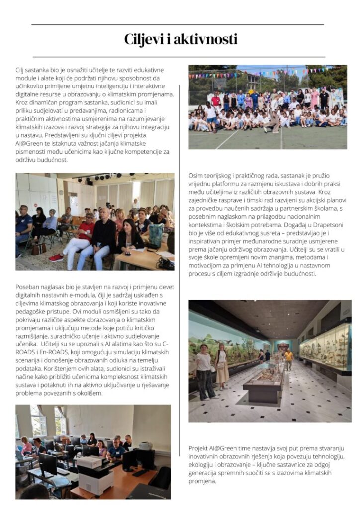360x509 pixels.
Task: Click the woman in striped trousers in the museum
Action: coord(204,368)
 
